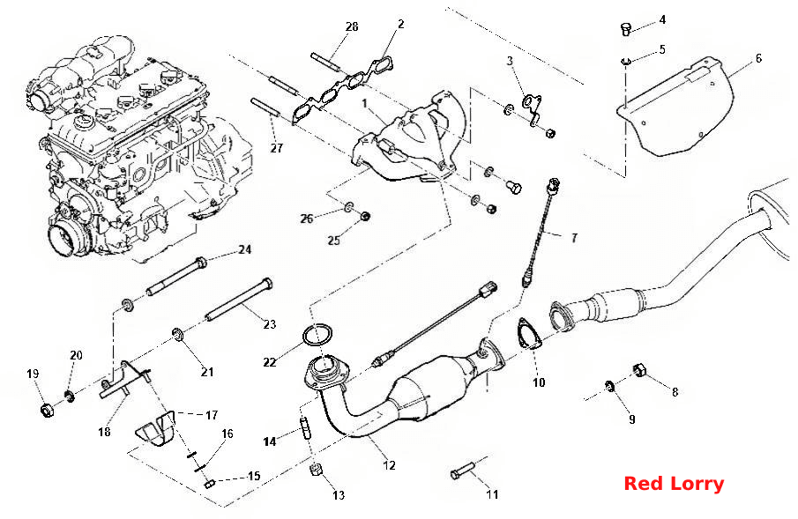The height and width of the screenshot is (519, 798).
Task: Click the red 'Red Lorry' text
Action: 674,484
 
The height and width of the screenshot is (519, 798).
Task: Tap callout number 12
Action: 389,465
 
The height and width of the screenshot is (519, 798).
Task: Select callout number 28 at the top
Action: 352,26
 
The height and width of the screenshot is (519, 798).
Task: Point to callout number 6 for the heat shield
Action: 758,58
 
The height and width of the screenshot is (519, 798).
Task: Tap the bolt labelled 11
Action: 462,471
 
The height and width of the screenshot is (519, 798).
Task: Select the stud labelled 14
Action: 305,427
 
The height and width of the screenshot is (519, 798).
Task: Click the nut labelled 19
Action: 48,409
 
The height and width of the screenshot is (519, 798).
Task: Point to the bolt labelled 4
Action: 626,28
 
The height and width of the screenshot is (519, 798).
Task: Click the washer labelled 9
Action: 608,386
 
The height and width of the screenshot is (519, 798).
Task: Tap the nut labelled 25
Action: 364,216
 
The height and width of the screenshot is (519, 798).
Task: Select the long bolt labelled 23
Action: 239,301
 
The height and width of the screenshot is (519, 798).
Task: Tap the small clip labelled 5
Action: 625,62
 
